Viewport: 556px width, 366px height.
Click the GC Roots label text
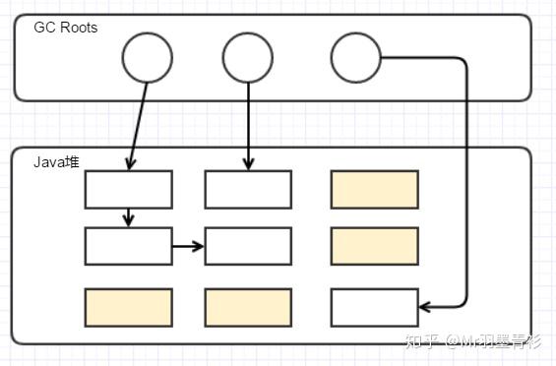coord(66,28)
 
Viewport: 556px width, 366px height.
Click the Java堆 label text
coord(56,161)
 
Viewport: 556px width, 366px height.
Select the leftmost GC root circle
coord(147,58)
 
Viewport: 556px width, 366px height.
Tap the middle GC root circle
coord(247,58)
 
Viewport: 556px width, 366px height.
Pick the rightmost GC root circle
coord(355,58)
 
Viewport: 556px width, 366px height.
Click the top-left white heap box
coord(128,189)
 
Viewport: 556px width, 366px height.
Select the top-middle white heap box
coord(248,189)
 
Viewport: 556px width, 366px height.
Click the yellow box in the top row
coord(374,189)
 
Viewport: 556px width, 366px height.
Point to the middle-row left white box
coord(128,246)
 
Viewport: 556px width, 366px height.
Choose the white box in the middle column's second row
coord(248,246)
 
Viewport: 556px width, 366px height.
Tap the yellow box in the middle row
coord(374,246)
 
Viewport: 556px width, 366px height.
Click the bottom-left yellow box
coord(128,307)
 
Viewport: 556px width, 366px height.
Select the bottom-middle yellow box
coord(248,307)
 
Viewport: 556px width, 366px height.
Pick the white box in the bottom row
coord(374,307)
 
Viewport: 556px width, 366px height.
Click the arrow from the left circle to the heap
coord(139,123)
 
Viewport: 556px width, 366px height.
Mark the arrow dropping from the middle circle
coord(247,123)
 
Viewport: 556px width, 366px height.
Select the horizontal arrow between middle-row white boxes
coord(188,246)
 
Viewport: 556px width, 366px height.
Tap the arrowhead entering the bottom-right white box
coord(425,307)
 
